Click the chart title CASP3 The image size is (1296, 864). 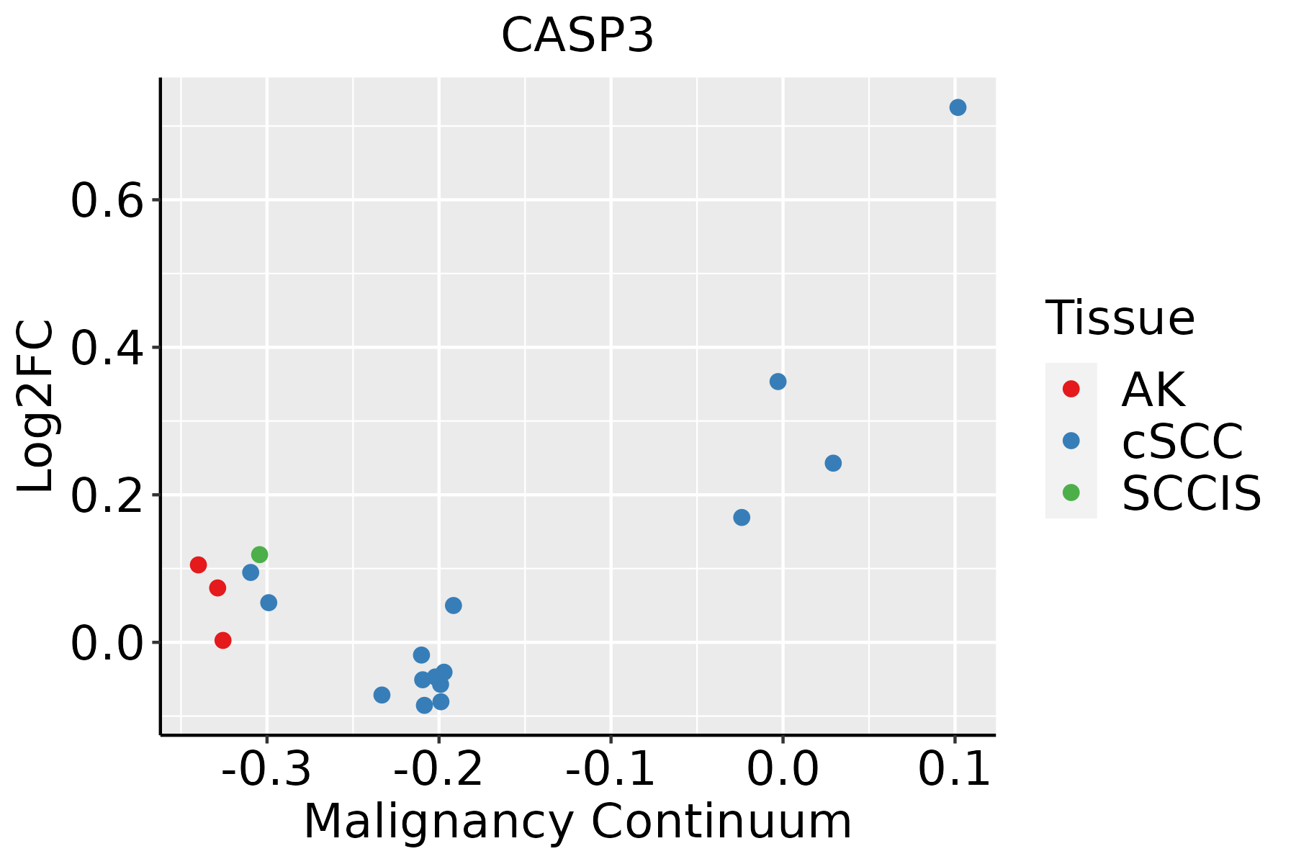pyautogui.click(x=577, y=36)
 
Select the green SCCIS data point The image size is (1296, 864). pyautogui.click(x=260, y=554)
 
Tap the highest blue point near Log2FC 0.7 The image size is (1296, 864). pyautogui.click(x=958, y=107)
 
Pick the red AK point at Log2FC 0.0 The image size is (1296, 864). pyautogui.click(x=223, y=640)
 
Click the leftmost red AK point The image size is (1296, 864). pyautogui.click(x=199, y=564)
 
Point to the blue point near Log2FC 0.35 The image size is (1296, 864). pyautogui.click(x=778, y=382)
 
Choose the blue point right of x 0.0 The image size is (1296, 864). pyautogui.click(x=833, y=463)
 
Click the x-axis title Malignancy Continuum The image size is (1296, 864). pyautogui.click(x=577, y=822)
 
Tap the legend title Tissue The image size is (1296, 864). pyautogui.click(x=1120, y=318)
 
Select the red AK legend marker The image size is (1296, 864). pyautogui.click(x=1071, y=389)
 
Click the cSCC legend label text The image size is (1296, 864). pyautogui.click(x=1182, y=441)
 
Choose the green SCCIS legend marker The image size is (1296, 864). pyautogui.click(x=1071, y=492)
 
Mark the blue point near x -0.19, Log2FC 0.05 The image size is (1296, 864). pyautogui.click(x=453, y=606)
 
